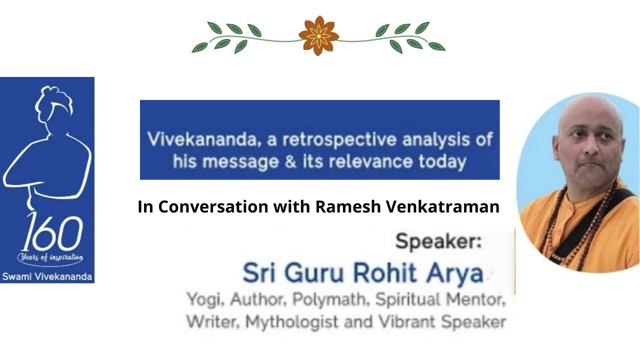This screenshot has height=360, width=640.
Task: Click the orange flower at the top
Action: tap(318, 35)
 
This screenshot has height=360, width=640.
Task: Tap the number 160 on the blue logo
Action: tap(51, 235)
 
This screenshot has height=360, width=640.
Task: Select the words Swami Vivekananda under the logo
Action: tap(47, 276)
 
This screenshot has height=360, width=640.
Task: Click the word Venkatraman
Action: tap(442, 206)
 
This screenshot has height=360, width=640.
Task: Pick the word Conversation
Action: tap(213, 206)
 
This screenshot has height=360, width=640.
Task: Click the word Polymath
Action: tap(331, 300)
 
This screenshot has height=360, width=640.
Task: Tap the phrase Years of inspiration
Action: tap(50, 258)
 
